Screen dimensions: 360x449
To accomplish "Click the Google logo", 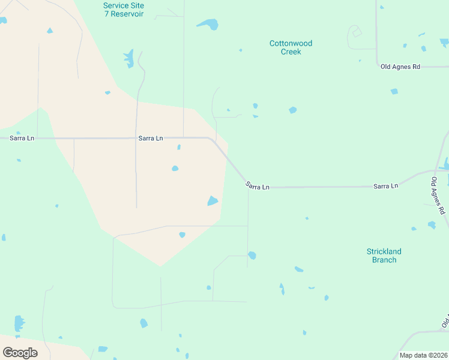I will click(20, 353).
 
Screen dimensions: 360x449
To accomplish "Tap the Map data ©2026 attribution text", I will click(423, 355).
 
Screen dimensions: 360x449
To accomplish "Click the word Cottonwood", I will click(291, 43).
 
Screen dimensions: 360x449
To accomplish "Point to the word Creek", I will click(291, 52).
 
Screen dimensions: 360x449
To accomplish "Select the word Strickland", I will click(384, 251).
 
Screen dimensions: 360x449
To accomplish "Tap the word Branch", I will click(384, 260).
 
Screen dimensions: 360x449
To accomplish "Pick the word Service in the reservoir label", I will click(115, 5).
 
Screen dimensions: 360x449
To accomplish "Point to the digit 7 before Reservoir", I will click(106, 14).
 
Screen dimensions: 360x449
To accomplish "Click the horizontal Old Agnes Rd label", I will click(400, 67).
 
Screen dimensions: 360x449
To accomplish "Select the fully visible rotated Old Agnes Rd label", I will click(438, 196).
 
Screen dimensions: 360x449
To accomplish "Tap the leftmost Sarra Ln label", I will click(22, 138).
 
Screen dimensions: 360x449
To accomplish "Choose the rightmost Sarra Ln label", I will click(385, 186).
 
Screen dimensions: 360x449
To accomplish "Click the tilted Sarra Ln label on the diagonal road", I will click(257, 187).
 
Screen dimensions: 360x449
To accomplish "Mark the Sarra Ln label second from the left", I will click(151, 138).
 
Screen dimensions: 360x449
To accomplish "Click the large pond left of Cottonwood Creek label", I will click(209, 24).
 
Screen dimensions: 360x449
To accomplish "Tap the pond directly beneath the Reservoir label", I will click(129, 58).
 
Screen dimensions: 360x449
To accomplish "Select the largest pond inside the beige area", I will click(212, 200).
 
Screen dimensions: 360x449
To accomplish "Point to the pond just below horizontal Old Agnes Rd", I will click(394, 91).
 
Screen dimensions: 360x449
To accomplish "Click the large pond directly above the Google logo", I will click(19, 323).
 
